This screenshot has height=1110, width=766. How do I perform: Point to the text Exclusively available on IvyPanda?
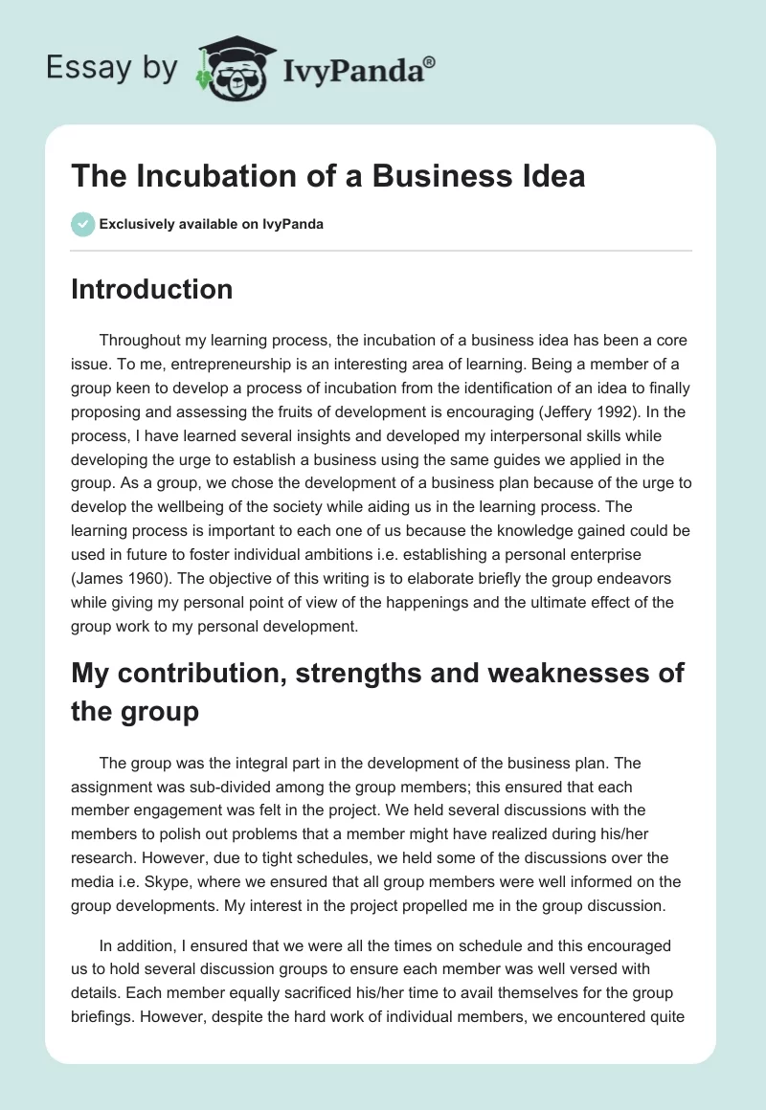[212, 224]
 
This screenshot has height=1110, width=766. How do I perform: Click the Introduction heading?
[151, 289]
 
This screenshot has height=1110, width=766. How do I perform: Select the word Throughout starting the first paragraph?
[144, 340]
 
